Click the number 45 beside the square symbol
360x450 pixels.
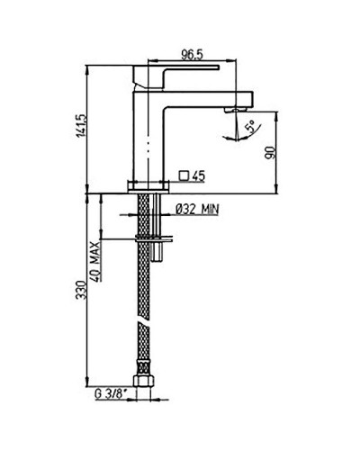click(x=201, y=175)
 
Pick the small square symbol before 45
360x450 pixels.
click(x=184, y=175)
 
